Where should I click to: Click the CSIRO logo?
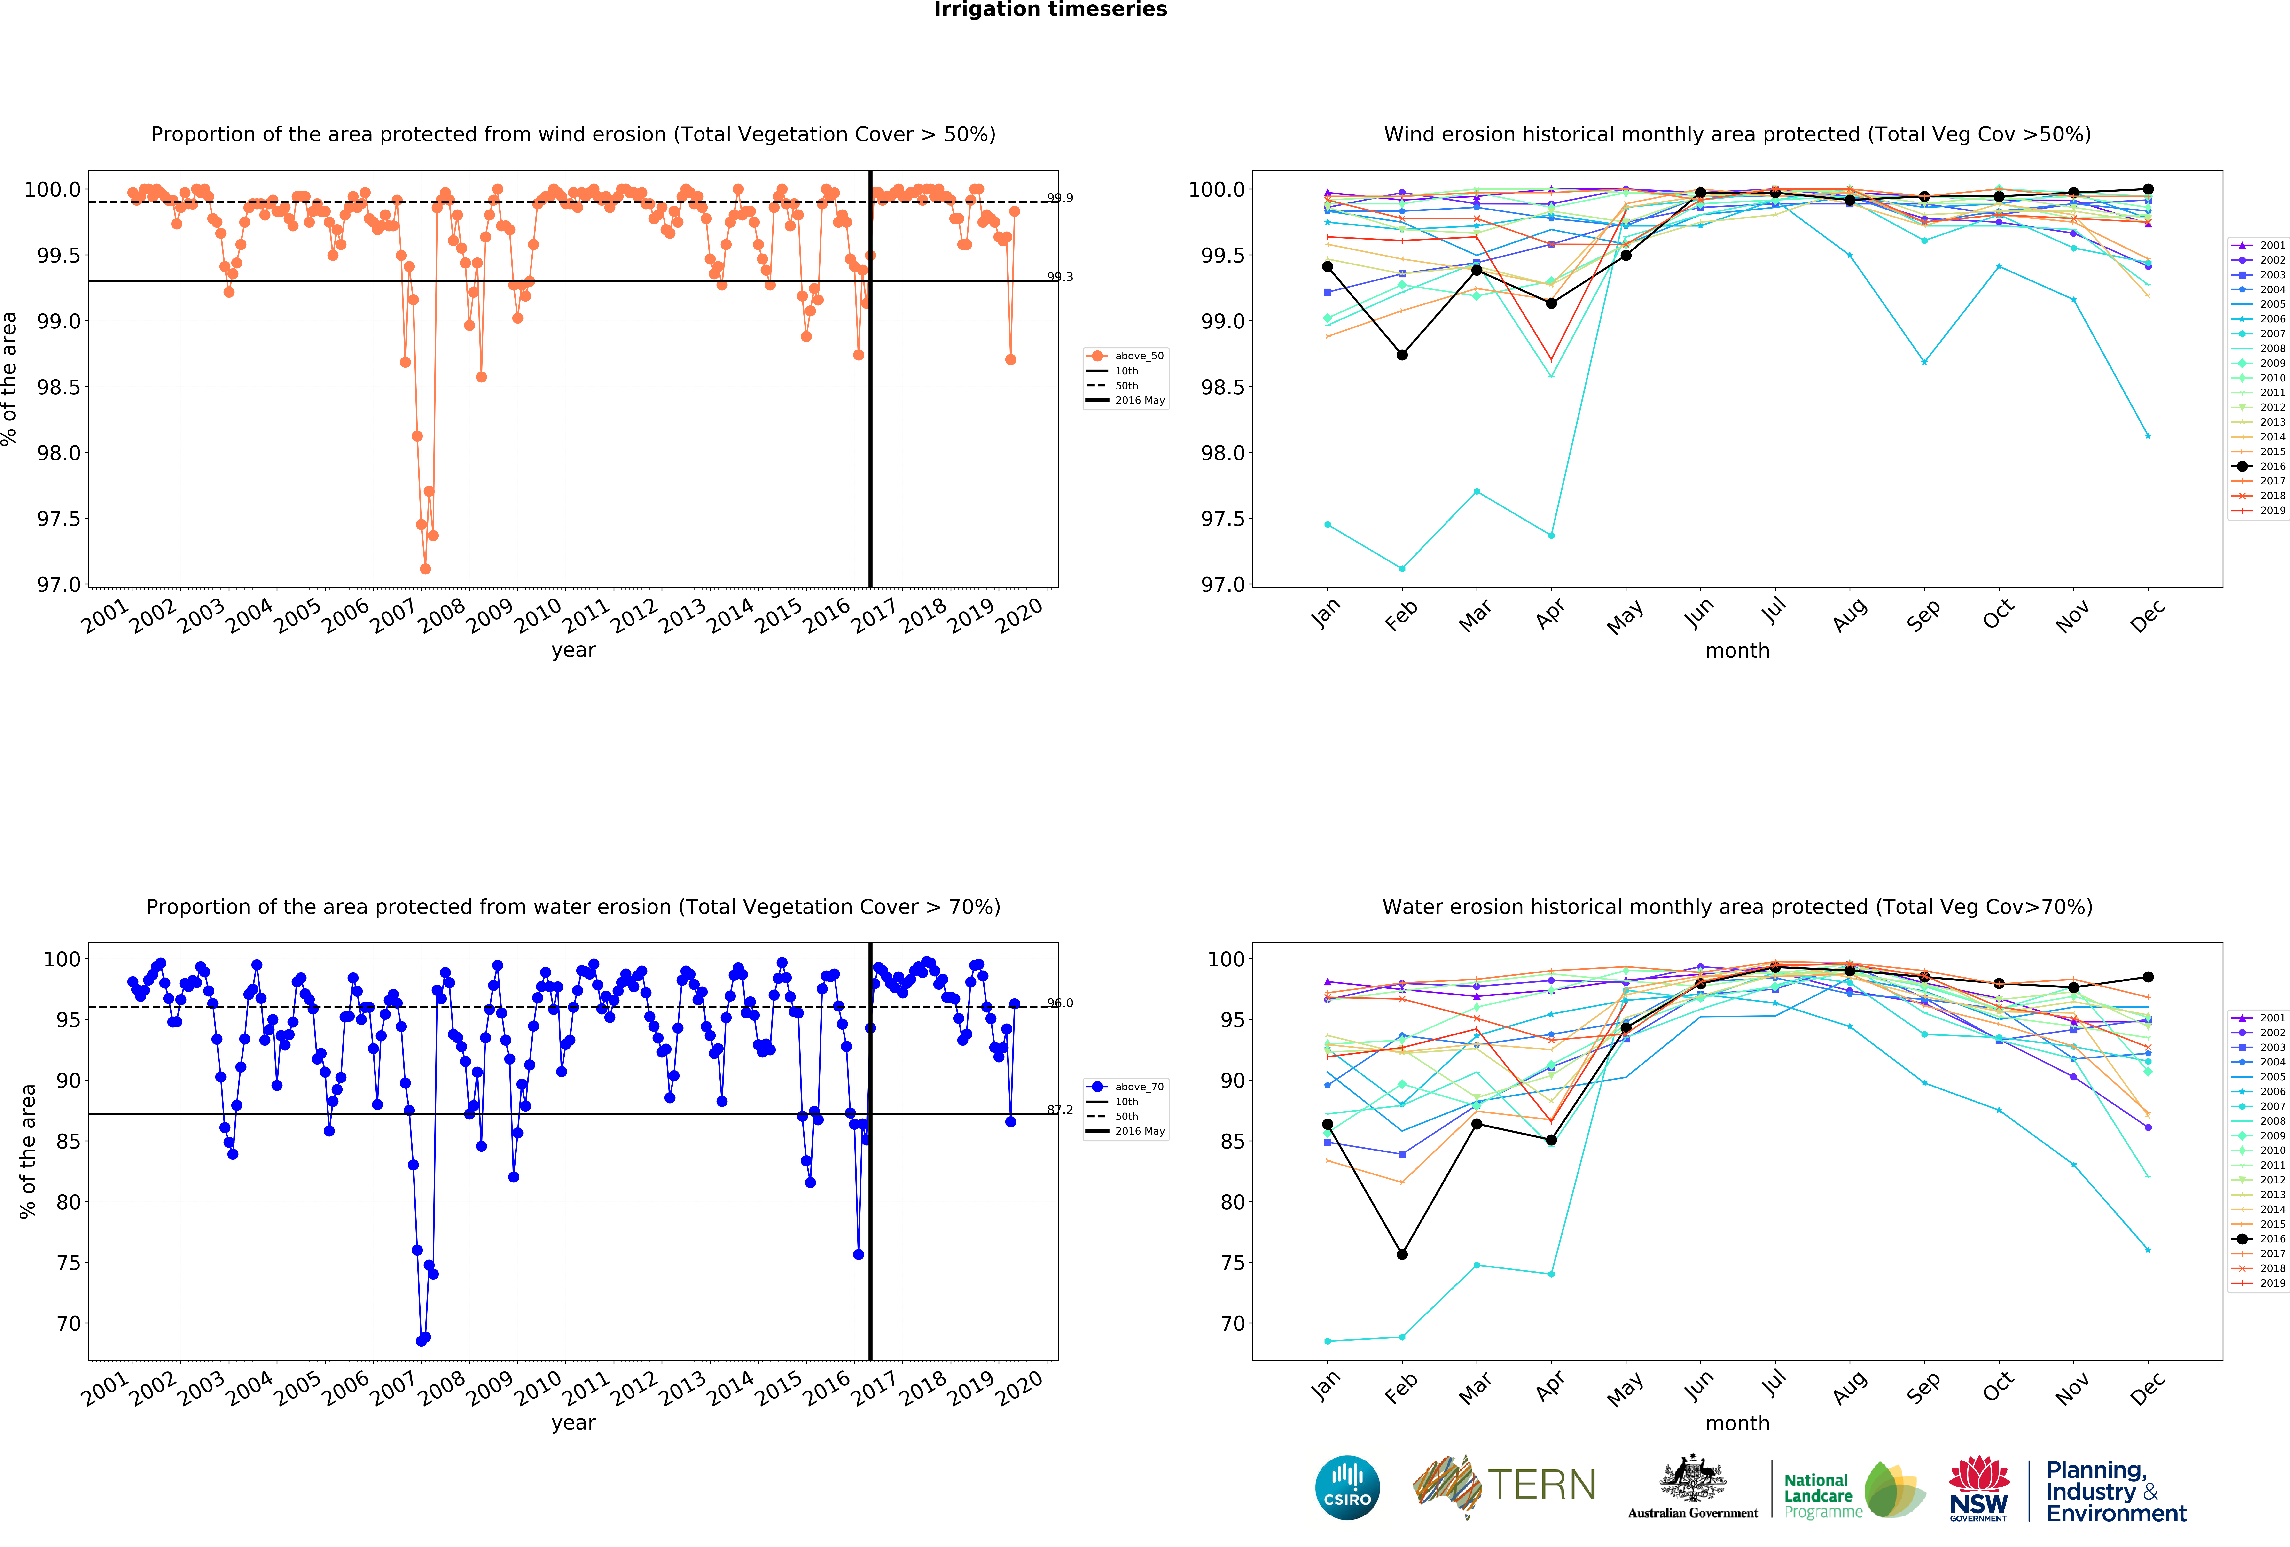(x=1347, y=1487)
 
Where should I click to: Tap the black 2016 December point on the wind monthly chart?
(x=2148, y=189)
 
